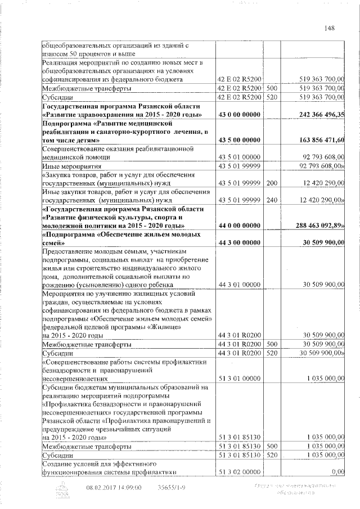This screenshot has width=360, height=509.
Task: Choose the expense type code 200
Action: pos(272,183)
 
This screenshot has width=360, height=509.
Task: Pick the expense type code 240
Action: pos(272,200)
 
